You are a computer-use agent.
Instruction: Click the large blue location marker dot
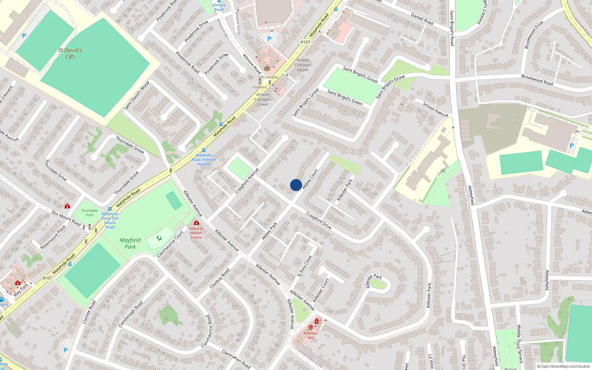click(296, 185)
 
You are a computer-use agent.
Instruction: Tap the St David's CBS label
click(70, 53)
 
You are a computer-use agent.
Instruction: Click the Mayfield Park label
click(130, 243)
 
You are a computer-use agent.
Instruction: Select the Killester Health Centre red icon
click(196, 223)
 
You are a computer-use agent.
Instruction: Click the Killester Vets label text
click(311, 335)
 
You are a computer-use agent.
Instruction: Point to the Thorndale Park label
click(90, 212)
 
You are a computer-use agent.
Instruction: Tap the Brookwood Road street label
click(537, 80)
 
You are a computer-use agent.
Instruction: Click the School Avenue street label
click(435, 110)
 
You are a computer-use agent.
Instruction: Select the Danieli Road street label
click(422, 19)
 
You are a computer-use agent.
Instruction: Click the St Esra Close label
click(305, 266)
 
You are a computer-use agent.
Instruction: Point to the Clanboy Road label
click(219, 279)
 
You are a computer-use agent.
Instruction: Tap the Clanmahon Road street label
click(236, 359)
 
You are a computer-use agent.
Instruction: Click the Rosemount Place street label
click(53, 237)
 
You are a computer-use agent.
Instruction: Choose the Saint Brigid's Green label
click(345, 97)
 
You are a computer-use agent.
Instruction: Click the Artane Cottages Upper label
click(303, 65)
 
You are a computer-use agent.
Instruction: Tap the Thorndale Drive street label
click(55, 170)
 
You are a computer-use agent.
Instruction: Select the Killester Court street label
click(321, 290)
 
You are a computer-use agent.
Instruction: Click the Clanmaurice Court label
click(170, 244)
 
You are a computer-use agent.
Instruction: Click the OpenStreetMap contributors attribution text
click(563, 366)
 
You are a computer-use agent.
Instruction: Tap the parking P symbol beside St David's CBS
click(24, 36)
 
